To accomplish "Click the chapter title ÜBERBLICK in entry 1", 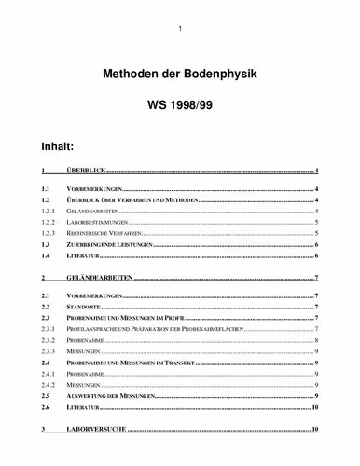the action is [87, 172].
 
